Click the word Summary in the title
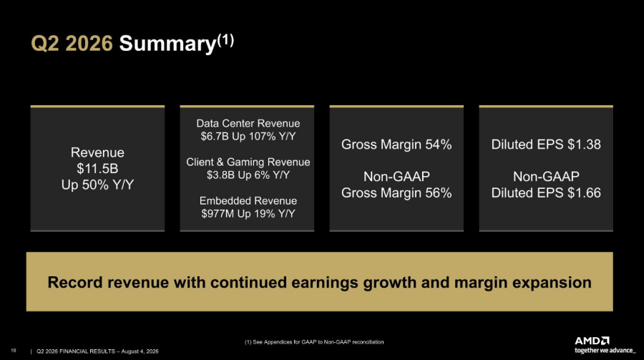point(167,44)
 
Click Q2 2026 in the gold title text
point(72,44)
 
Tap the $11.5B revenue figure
point(97,168)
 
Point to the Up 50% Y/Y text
point(97,185)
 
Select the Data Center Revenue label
point(248,123)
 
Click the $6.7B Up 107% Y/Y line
point(248,137)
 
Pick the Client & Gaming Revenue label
point(248,162)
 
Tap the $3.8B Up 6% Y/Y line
point(248,175)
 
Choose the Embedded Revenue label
point(248,200)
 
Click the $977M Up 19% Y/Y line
point(248,214)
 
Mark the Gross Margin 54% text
point(396,145)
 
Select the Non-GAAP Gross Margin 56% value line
point(396,193)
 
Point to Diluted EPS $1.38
point(546,145)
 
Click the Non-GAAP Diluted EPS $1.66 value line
point(546,193)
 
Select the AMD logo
point(592,341)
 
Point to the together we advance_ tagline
point(605,351)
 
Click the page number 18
point(13,351)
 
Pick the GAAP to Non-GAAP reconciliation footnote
point(314,342)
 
